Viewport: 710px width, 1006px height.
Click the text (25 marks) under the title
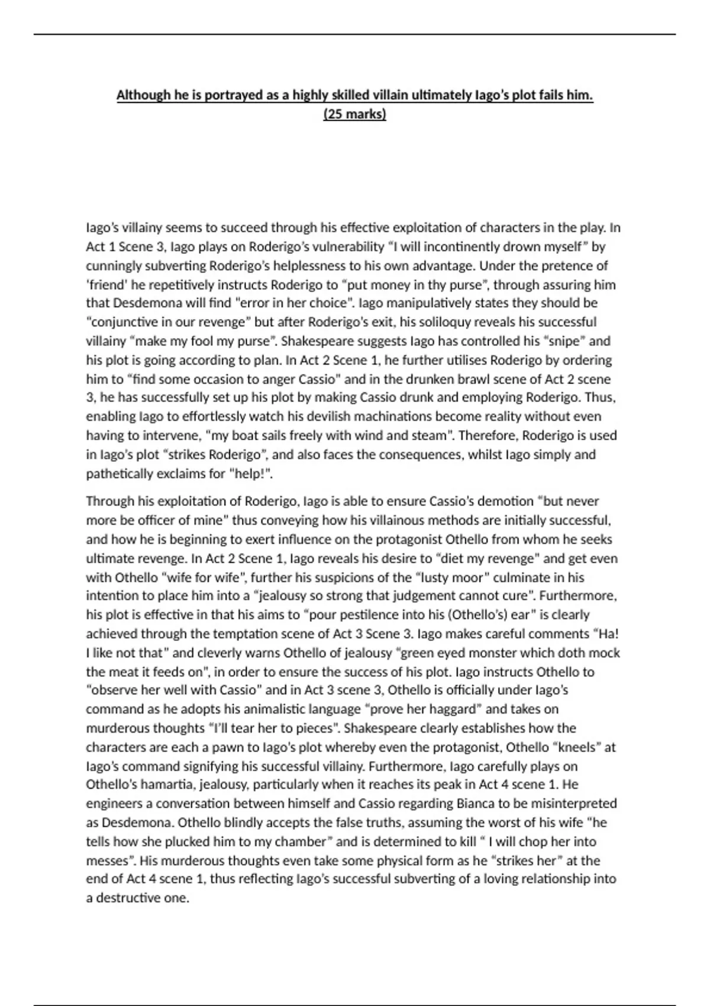[x=354, y=114]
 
